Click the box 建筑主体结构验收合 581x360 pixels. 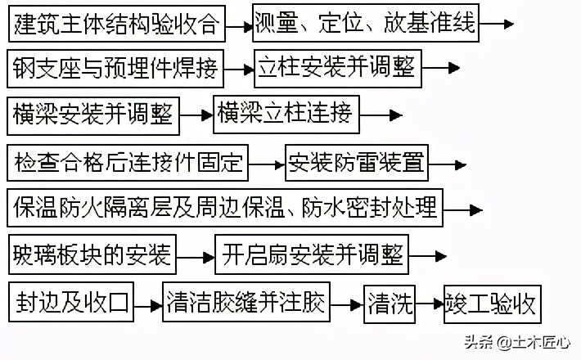tap(115, 25)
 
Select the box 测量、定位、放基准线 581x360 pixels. tap(365, 24)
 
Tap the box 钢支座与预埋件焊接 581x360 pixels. tap(115, 70)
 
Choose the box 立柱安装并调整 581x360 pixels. tap(336, 69)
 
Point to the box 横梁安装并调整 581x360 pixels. tap(93, 115)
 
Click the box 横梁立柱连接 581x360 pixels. tap(284, 114)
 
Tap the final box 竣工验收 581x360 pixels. tap(490, 303)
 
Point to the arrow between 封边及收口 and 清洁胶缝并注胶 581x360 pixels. tap(148, 307)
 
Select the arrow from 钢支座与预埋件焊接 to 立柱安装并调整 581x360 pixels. tap(238, 72)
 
